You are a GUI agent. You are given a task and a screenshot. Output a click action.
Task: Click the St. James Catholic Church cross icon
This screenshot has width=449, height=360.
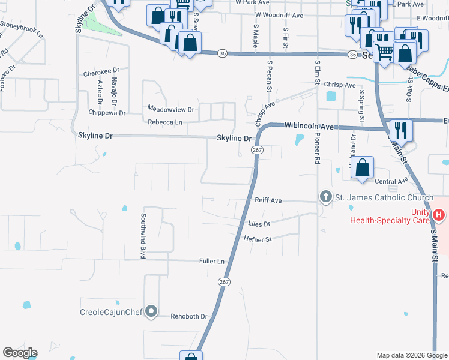click(325, 197)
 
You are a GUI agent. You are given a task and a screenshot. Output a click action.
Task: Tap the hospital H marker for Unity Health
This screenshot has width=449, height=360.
click(439, 214)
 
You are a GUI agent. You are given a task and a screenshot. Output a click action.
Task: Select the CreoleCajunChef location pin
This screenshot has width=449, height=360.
click(151, 311)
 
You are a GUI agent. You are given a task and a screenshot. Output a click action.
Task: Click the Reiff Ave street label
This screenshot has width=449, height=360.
click(267, 200)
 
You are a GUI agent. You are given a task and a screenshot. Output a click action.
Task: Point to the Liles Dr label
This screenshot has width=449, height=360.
click(259, 224)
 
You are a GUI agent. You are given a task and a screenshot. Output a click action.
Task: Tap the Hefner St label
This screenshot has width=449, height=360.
click(259, 239)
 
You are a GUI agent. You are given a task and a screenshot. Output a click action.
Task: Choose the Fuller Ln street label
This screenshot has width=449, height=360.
click(212, 261)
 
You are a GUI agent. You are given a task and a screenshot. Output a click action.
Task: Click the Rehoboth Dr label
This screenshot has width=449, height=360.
click(189, 316)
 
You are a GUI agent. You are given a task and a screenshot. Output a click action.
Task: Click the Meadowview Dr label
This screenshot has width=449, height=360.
click(171, 109)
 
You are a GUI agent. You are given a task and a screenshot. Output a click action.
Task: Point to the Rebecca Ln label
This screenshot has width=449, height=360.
click(164, 122)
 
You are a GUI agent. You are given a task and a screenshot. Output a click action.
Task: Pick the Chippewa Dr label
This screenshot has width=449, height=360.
click(106, 112)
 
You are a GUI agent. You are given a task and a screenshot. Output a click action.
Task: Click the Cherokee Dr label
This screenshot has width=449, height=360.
click(98, 73)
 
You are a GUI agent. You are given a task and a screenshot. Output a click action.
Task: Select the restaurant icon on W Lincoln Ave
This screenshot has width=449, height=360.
click(399, 130)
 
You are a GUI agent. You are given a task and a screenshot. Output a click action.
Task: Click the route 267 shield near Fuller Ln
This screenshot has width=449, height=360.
click(224, 281)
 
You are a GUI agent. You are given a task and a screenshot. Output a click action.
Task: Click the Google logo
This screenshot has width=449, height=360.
click(20, 353)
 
